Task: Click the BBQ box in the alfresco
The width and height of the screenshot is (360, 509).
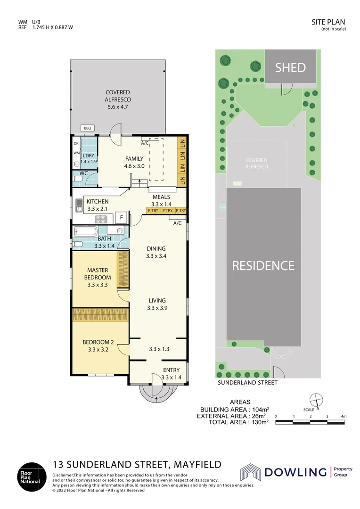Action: click(x=88, y=128)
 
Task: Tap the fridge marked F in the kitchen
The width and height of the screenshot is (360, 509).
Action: click(x=122, y=218)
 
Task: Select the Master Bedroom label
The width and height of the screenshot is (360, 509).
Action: click(x=98, y=274)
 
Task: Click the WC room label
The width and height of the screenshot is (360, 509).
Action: click(x=84, y=173)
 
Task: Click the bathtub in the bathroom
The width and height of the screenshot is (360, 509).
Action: click(x=85, y=231)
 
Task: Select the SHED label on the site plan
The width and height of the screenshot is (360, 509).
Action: click(x=290, y=67)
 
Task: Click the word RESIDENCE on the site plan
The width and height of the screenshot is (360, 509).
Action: click(x=263, y=265)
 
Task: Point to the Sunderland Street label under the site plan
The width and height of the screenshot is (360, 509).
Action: click(x=247, y=383)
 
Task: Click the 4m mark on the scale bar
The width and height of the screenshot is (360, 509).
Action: click(x=344, y=417)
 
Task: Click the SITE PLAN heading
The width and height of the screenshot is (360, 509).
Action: click(x=328, y=22)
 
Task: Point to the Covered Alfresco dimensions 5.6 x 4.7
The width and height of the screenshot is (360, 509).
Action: click(x=117, y=107)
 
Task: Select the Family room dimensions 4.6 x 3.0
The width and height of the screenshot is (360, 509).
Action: click(x=134, y=166)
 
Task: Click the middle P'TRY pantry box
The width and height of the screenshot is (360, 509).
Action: click(x=167, y=211)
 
